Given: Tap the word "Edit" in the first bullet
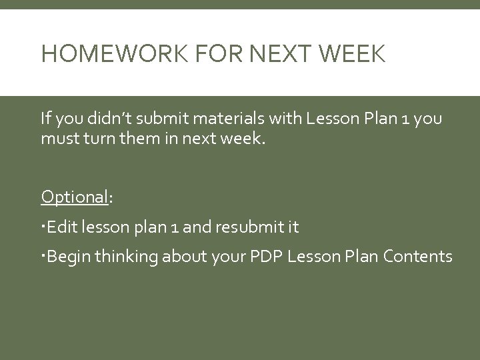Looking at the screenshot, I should coord(63,227).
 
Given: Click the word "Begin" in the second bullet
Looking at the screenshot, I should coord(69,256).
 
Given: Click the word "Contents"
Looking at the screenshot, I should coord(422,256).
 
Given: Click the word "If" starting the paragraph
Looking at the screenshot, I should coord(45,119).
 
